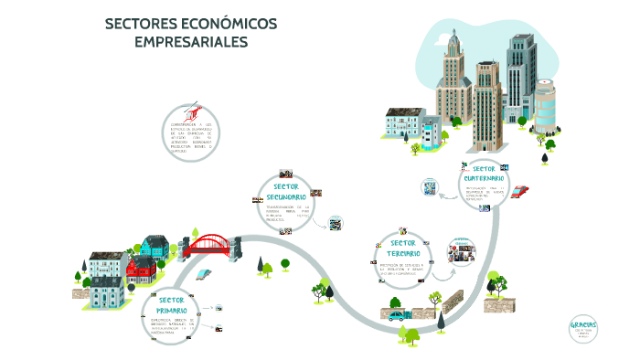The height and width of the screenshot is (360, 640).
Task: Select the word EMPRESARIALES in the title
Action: [x=190, y=41]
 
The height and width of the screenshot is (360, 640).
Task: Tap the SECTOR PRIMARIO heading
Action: [x=172, y=304]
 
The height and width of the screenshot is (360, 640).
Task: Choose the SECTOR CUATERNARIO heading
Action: [x=485, y=173]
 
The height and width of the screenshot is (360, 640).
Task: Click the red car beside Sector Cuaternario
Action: [x=520, y=191]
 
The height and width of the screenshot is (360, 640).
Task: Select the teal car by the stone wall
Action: [x=399, y=316]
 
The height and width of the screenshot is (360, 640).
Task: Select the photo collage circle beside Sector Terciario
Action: [x=462, y=251]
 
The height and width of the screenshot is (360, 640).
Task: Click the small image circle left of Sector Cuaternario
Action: [x=428, y=187]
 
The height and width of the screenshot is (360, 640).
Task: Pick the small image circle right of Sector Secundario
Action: [x=336, y=223]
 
